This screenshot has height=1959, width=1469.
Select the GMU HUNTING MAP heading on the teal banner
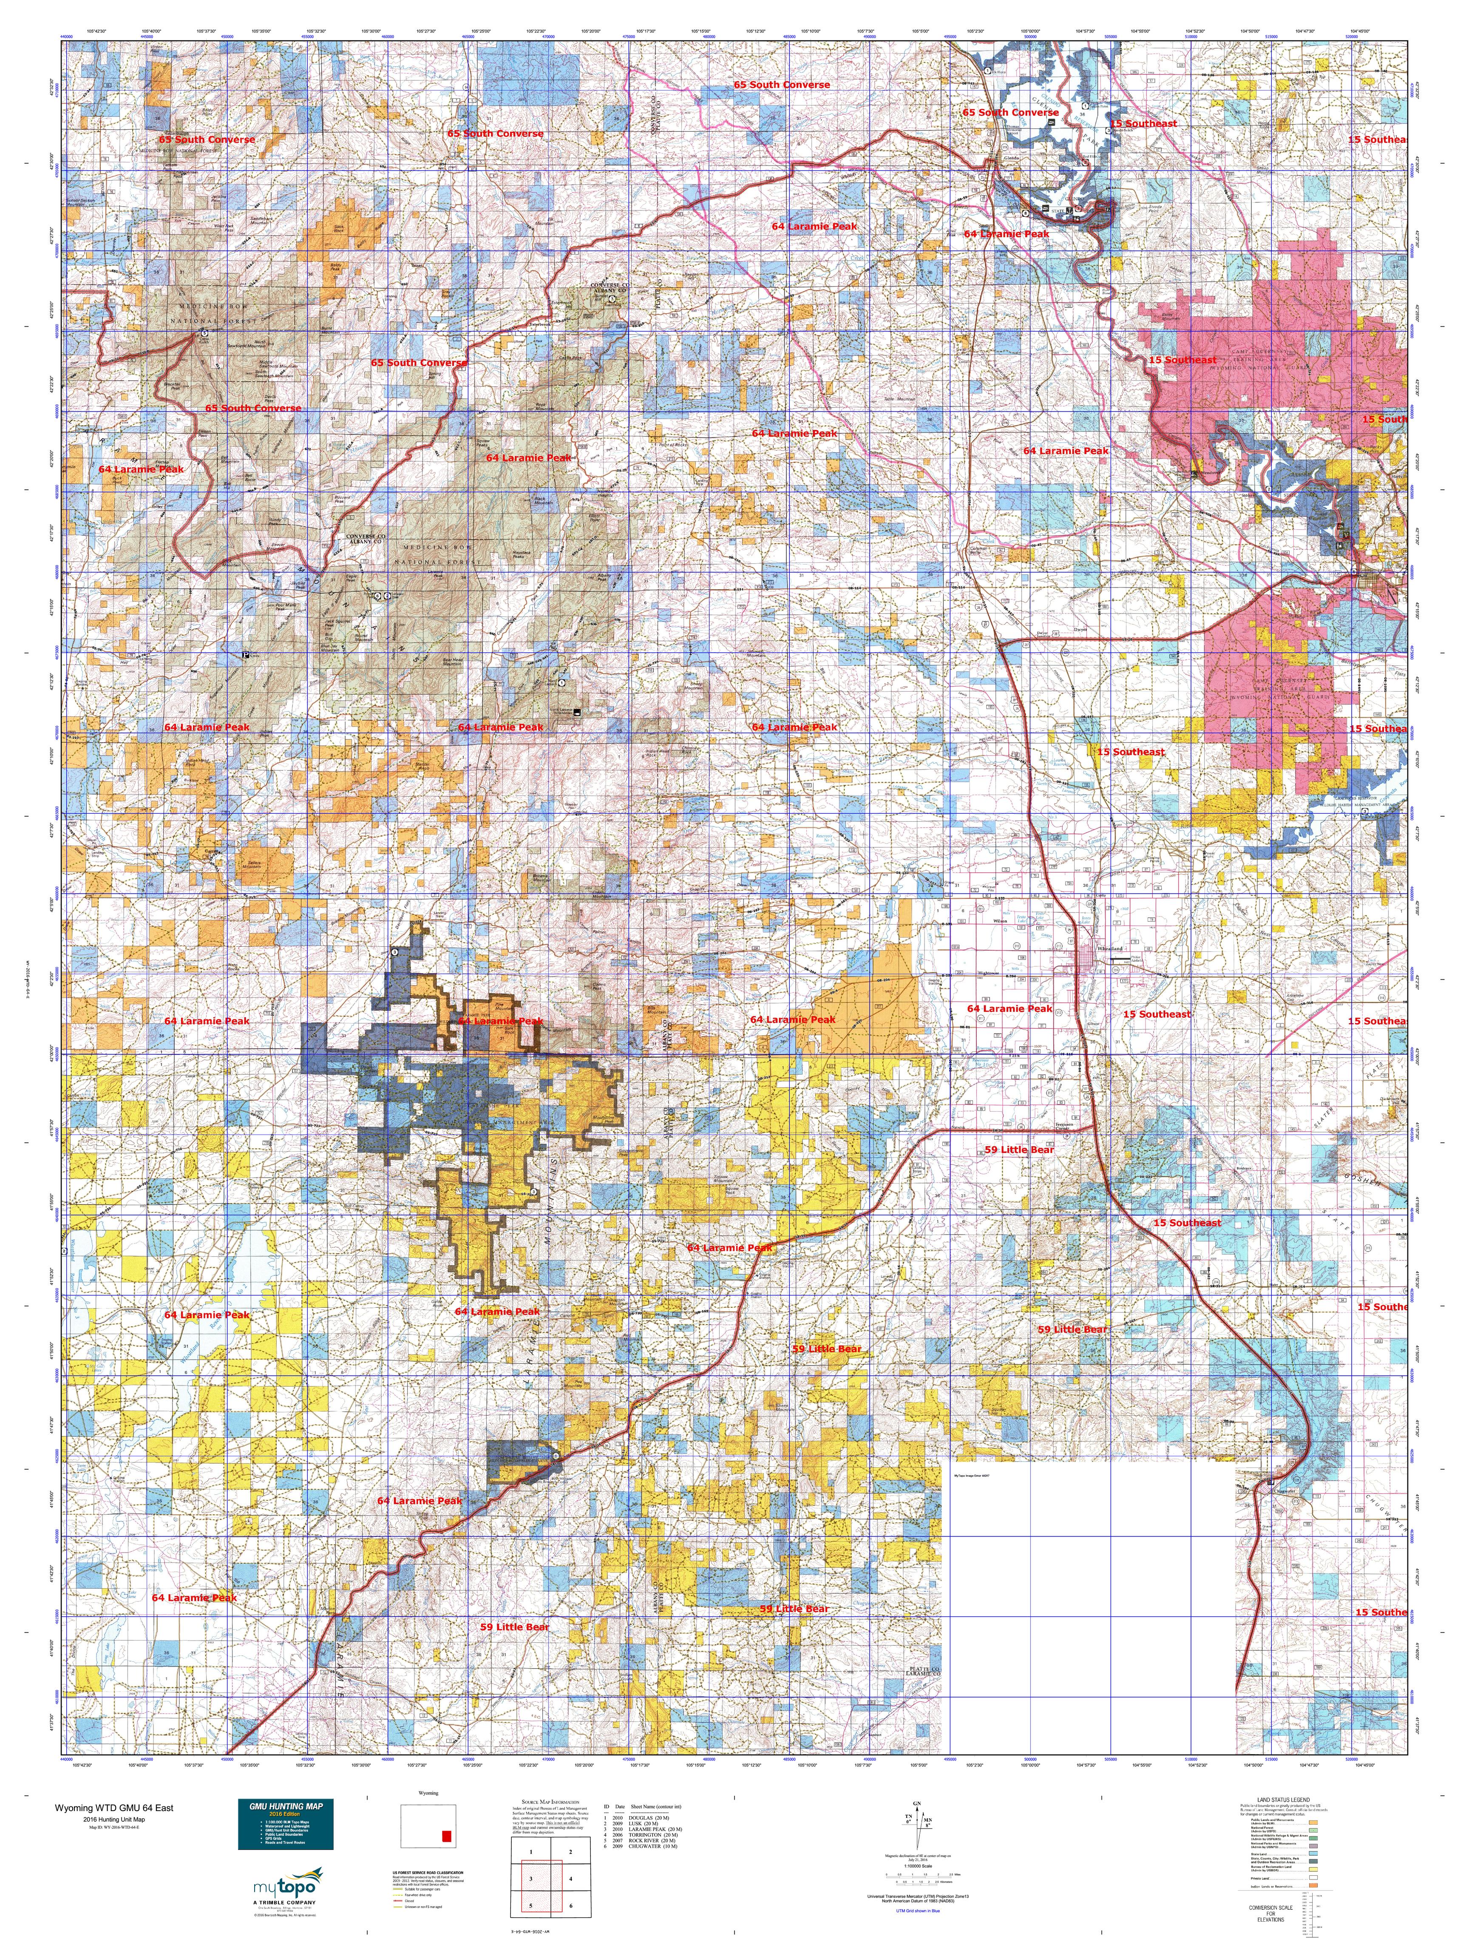(285, 1806)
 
